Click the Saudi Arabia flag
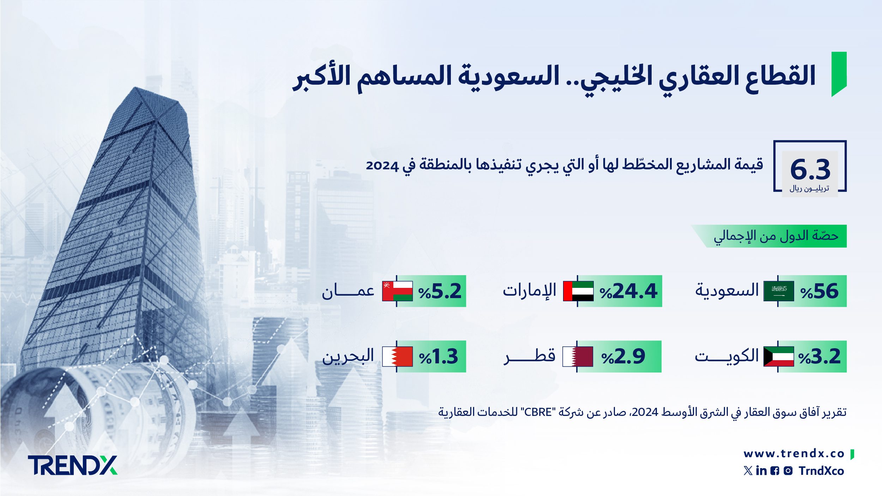[x=779, y=291]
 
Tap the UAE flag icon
[x=578, y=291]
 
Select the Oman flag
[x=397, y=291]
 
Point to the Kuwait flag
[x=779, y=357]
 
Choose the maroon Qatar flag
[x=578, y=357]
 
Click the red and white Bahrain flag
[x=397, y=357]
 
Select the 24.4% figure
[x=628, y=291]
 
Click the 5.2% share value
[x=440, y=291]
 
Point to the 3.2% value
[x=819, y=357]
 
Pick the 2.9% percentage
[x=623, y=357]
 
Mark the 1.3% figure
[x=439, y=357]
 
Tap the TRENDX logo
[x=72, y=465]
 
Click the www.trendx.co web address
[x=794, y=454]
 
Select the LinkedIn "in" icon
[x=761, y=471]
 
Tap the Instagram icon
[x=788, y=471]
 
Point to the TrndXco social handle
[x=821, y=471]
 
